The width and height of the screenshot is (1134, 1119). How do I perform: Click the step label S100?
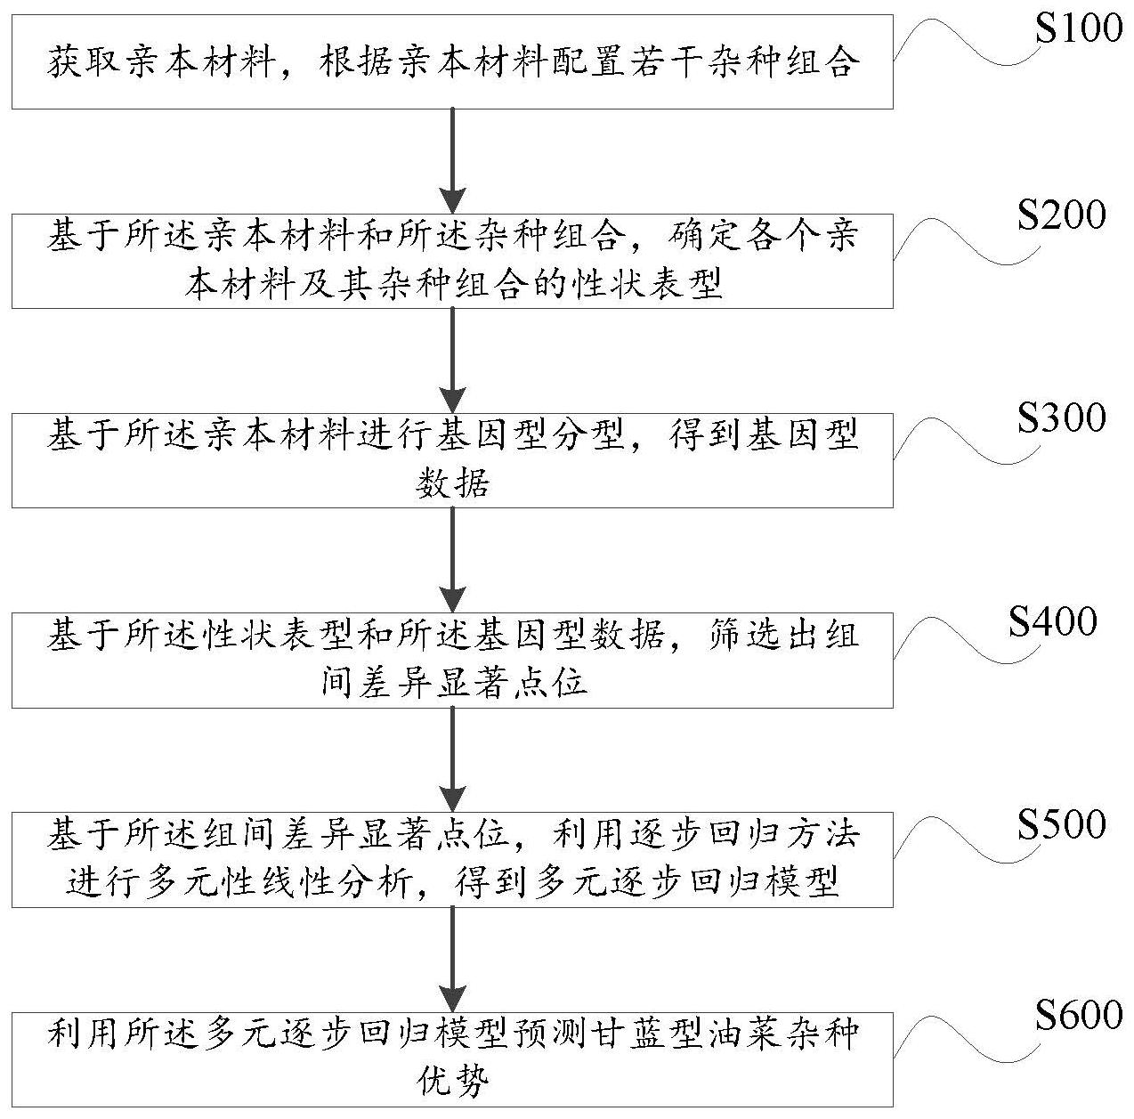click(1079, 29)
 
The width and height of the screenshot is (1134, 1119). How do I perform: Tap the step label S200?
click(1062, 216)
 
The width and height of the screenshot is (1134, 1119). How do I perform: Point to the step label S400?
click(1052, 621)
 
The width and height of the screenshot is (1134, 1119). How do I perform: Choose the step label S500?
click(1062, 824)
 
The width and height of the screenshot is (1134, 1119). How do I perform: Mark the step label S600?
click(1079, 1015)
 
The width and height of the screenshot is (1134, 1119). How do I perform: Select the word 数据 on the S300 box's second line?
click(452, 484)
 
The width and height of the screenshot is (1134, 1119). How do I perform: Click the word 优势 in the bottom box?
click(452, 1083)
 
